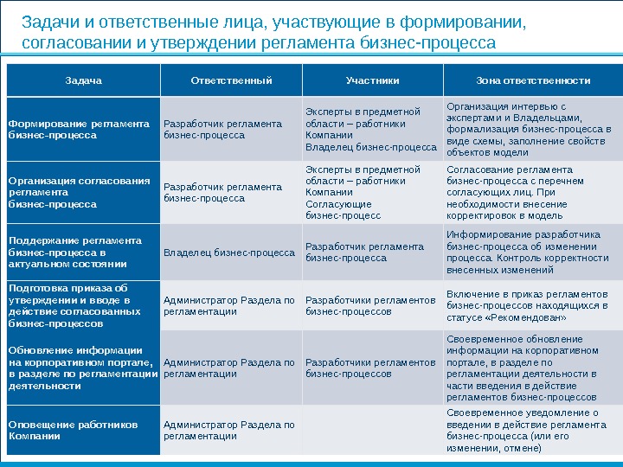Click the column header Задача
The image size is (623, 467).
(x=83, y=80)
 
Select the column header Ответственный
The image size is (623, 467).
(x=231, y=80)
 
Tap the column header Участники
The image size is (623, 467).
(x=372, y=80)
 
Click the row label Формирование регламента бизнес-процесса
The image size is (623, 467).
(x=79, y=129)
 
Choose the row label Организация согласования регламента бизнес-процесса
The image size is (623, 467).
(x=79, y=193)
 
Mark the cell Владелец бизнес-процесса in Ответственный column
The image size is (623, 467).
(x=229, y=253)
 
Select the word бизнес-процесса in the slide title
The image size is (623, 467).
(x=442, y=42)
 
